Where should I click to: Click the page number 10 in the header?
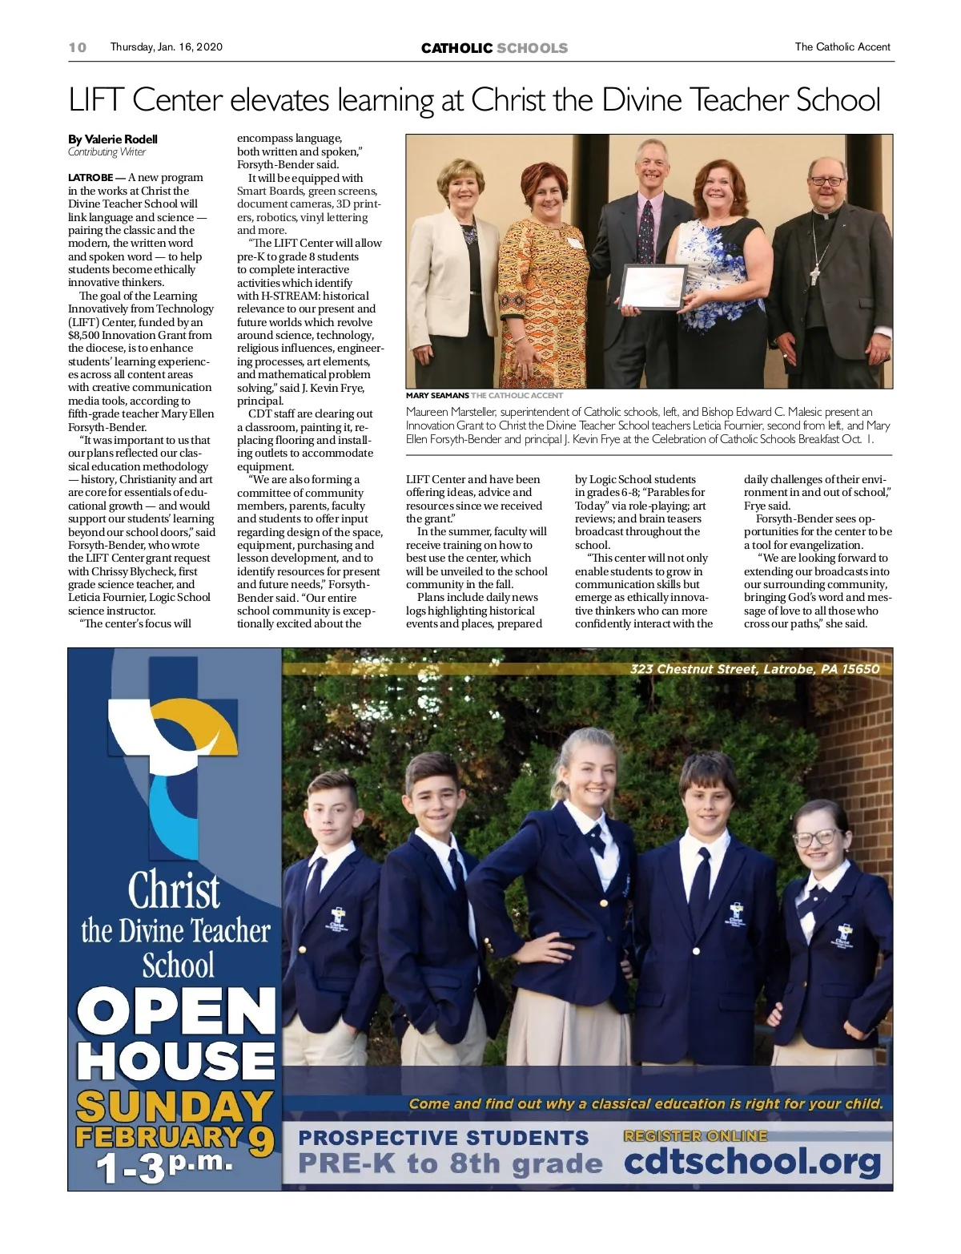point(77,47)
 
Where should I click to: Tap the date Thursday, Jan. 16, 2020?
point(166,47)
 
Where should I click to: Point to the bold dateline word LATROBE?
point(90,178)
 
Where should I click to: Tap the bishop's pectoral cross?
point(814,275)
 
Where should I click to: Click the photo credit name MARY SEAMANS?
point(437,396)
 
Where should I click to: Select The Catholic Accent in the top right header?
point(842,47)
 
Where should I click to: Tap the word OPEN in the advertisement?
point(176,1011)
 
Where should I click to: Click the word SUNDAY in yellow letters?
point(175,1107)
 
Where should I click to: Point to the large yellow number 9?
point(260,1141)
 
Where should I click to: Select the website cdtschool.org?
point(752,1162)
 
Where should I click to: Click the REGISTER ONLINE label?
point(695,1135)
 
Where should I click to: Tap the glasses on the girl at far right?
point(815,838)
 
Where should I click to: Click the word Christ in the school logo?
point(174,890)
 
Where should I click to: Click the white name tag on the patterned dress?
point(573,242)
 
